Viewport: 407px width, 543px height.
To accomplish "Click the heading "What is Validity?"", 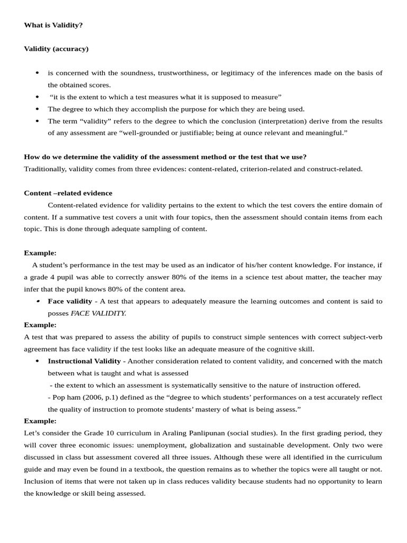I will [x=53, y=25].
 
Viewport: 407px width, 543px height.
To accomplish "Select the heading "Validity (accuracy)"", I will [x=56, y=49].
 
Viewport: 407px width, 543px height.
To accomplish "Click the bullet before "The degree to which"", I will [x=37, y=109].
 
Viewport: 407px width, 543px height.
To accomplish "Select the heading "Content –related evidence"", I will [x=68, y=193].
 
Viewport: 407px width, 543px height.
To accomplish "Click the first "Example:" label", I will [x=40, y=253].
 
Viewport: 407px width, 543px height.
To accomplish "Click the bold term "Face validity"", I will [x=70, y=301].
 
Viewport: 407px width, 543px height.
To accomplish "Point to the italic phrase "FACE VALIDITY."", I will [x=99, y=313].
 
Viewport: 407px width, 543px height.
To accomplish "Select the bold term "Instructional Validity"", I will [x=84, y=361].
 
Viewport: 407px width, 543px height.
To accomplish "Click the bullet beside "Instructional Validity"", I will [x=37, y=361].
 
